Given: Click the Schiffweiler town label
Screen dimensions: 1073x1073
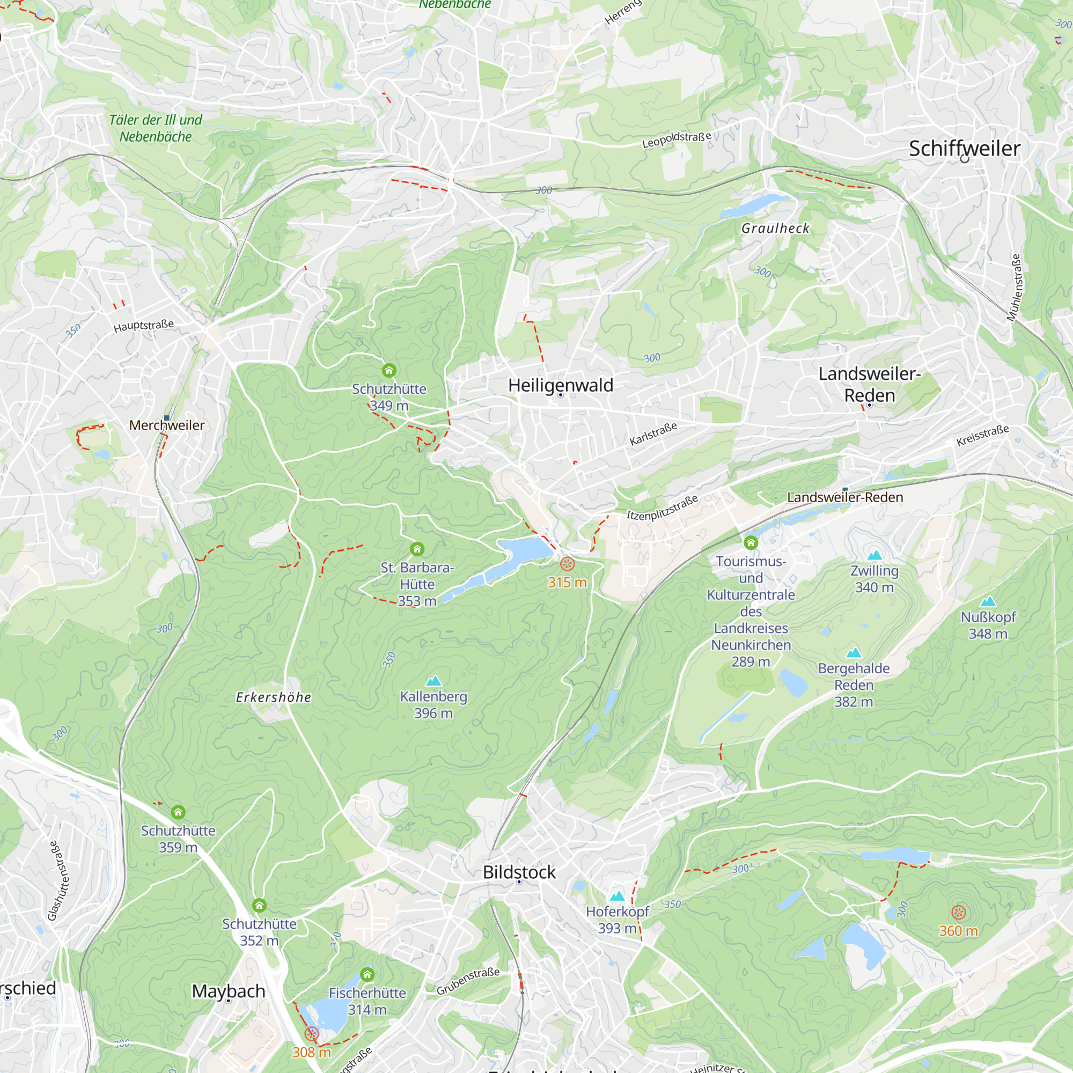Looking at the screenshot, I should point(964,149).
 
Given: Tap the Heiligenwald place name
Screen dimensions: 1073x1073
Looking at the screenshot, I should point(561,385).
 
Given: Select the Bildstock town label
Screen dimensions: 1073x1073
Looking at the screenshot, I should point(519,872).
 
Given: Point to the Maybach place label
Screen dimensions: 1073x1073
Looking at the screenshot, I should point(228,991).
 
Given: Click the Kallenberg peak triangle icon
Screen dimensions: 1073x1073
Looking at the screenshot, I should point(433,680).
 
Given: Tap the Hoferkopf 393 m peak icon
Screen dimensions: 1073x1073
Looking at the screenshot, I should point(617,896).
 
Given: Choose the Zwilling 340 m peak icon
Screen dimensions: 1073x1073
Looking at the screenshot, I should point(874,555).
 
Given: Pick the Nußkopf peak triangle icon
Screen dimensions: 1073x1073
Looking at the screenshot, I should point(988,601).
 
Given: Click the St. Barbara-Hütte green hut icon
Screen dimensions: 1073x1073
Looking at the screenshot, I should point(417,549).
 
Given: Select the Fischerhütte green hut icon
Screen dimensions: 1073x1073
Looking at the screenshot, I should point(367,974).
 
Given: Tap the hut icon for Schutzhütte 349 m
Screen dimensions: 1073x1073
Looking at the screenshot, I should point(389,370).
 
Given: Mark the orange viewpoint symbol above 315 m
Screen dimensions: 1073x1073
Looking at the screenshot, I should point(567,564).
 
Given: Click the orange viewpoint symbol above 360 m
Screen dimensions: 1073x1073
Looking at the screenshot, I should point(959,912).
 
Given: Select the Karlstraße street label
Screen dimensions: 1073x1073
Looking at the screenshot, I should point(653,433).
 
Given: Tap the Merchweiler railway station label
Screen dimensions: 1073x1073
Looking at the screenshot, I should point(167,425).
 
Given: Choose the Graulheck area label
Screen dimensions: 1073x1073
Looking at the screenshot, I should point(775,228).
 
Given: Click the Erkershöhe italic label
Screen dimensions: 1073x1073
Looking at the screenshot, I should point(273,697).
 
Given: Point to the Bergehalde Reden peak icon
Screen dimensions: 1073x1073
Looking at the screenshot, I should point(853,652).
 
